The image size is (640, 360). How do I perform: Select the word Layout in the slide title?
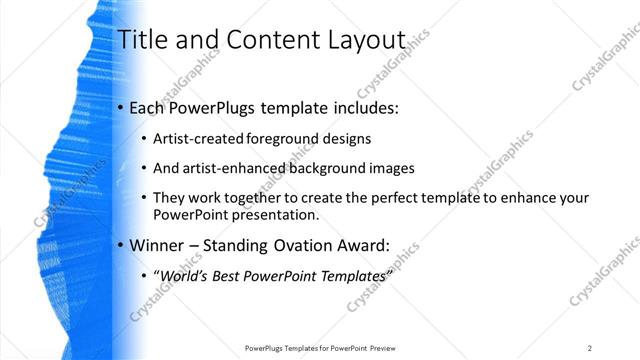point(365,40)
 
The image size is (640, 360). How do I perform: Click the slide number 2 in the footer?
point(590,348)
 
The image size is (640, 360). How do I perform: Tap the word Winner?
point(159,244)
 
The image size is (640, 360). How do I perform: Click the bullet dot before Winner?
point(121,245)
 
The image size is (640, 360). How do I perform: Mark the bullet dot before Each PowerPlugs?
point(121,107)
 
